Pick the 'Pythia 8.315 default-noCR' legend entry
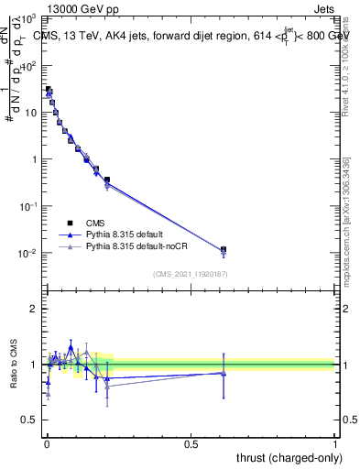(129, 247)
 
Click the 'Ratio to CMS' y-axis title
(15, 365)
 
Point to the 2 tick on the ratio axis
(33, 309)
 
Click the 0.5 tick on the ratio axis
(29, 420)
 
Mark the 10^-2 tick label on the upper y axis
(27, 254)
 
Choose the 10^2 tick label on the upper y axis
(29, 66)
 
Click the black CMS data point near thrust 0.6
(224, 249)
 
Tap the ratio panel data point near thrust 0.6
(224, 373)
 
